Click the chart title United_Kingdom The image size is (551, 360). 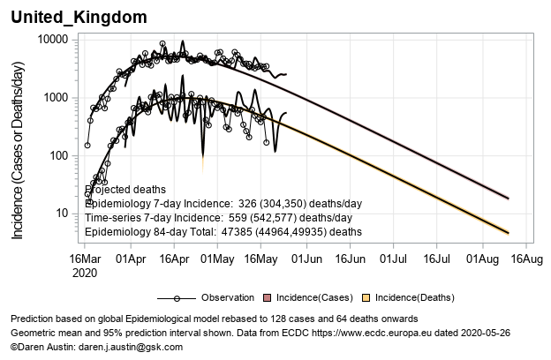79,18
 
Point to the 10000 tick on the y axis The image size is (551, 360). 51,40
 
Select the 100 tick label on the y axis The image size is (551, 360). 57,155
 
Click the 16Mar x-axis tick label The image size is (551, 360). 87,259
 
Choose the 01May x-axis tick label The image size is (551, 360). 216,259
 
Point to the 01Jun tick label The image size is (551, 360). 306,259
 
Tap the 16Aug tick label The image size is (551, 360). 526,259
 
